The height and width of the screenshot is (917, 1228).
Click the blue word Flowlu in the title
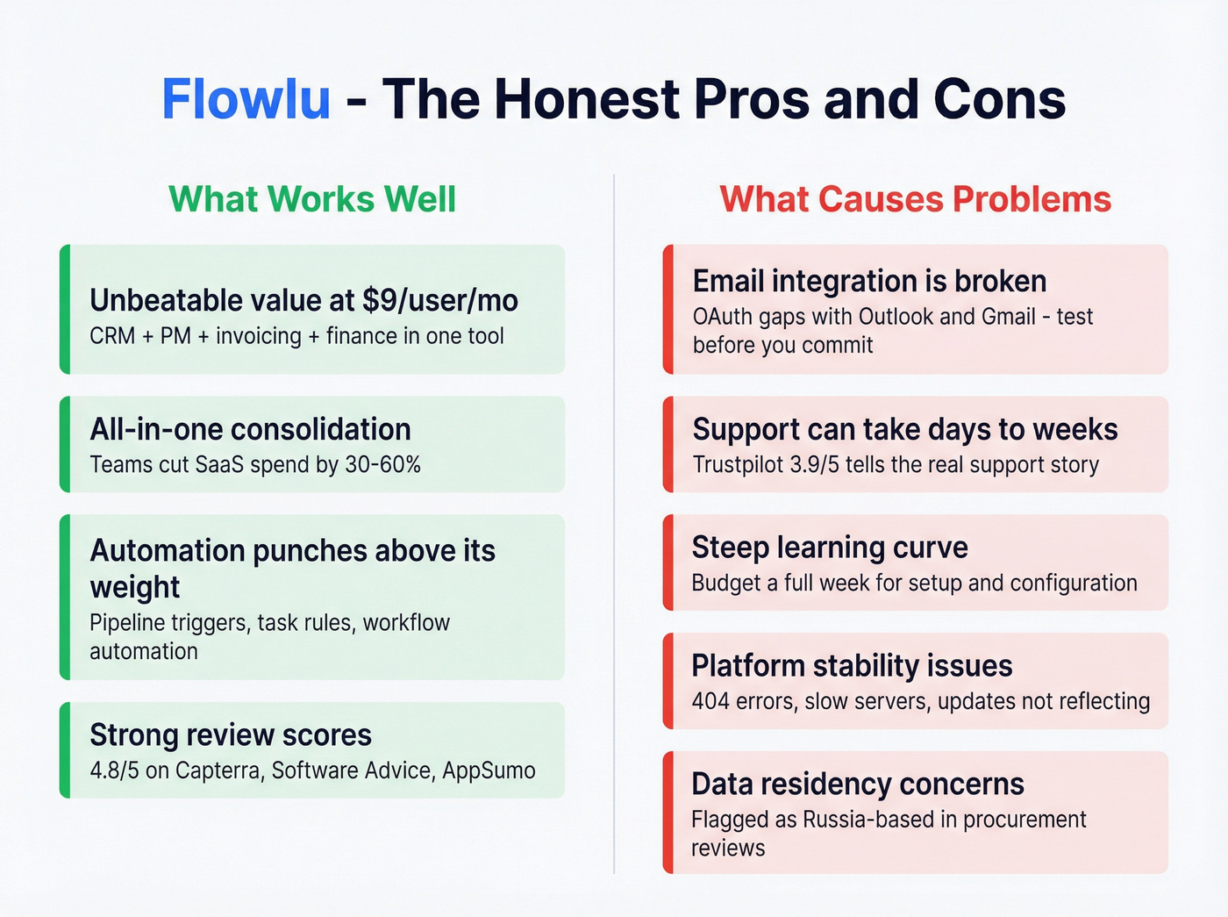[246, 99]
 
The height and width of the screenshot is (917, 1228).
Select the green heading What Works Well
[312, 199]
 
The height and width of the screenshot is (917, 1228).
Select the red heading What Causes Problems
[915, 199]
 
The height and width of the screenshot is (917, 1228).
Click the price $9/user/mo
[439, 301]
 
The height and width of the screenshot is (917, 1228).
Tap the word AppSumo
[489, 770]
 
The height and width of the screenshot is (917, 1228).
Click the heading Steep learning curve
[830, 548]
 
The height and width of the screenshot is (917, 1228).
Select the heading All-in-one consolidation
[250, 430]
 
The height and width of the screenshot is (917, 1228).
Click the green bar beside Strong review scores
[64, 749]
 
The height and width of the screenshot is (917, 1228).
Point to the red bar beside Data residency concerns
[668, 812]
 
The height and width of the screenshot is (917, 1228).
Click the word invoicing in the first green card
[258, 336]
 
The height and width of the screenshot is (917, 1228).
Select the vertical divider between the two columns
[614, 527]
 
